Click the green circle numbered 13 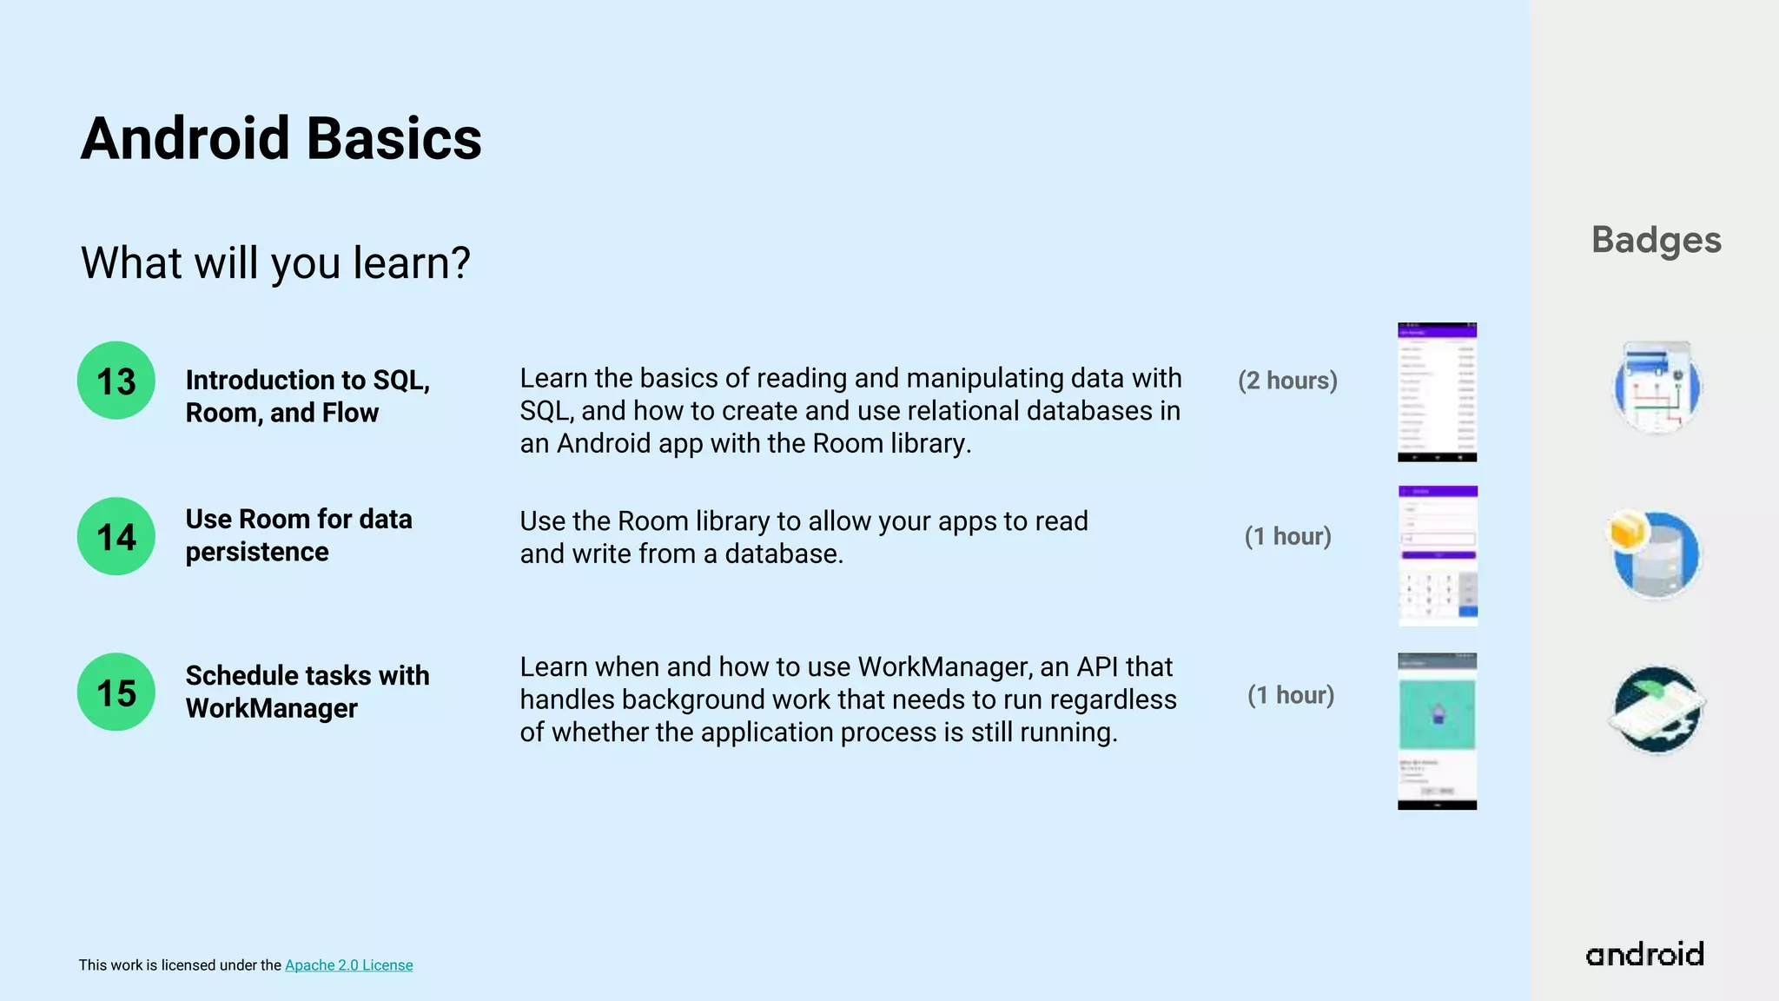pos(116,381)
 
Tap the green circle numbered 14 pos(116,536)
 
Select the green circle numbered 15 pos(116,692)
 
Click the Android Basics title pos(281,139)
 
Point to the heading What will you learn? pos(275,262)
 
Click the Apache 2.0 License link pos(348,965)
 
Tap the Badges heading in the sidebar pos(1656,240)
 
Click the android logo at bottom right pos(1644,954)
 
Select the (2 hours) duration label pos(1287,381)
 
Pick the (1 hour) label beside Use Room pos(1287,536)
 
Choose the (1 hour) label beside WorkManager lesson pos(1291,695)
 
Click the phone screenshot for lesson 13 pos(1437,392)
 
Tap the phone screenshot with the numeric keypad pos(1438,556)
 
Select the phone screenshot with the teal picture pos(1437,731)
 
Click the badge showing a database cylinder pos(1656,554)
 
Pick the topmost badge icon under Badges pos(1657,388)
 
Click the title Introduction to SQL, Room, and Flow pos(308,396)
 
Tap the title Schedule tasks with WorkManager pos(308,692)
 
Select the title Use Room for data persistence pos(299,535)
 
